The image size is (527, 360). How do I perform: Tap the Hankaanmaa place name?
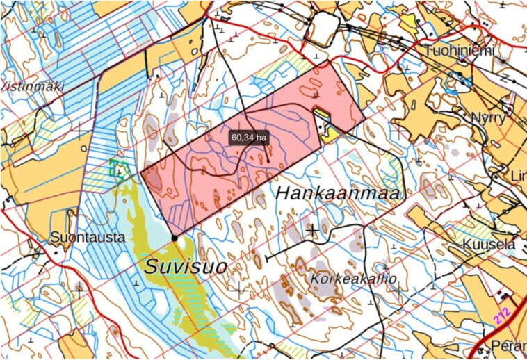click(x=339, y=193)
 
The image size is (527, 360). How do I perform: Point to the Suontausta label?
click(x=88, y=238)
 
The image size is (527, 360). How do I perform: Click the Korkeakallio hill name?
click(x=354, y=279)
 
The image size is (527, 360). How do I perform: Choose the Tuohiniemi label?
click(x=460, y=50)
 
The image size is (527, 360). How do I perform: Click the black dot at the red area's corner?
click(x=174, y=238)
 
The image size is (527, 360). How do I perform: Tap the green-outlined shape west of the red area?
click(x=120, y=170)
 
